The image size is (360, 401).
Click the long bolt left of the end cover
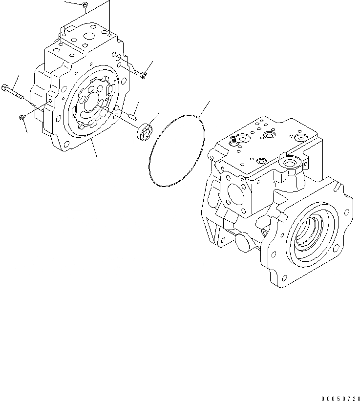coord(14,91)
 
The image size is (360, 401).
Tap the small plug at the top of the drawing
coord(85,5)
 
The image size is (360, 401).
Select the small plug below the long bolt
coord(22,117)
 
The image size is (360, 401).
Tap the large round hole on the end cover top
coord(89,36)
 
